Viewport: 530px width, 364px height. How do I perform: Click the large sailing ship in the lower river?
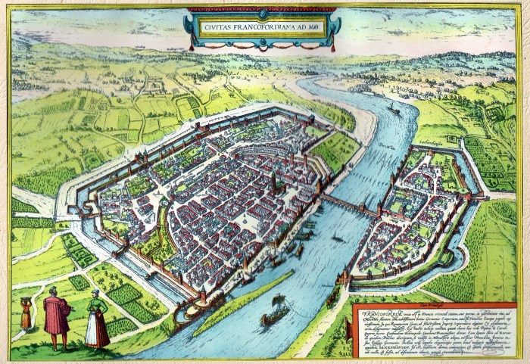click(275, 313)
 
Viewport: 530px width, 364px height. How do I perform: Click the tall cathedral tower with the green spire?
click(273, 182)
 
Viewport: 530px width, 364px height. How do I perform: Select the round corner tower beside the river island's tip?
click(204, 297)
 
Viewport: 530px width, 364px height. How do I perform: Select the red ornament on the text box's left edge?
click(354, 328)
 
